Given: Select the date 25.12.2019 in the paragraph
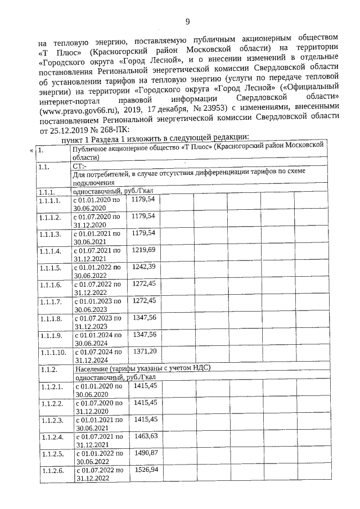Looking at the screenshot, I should (x=66, y=131).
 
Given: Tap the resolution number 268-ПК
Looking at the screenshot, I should (x=110, y=131).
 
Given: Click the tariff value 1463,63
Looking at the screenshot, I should (x=143, y=435).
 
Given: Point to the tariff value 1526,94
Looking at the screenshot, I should (x=143, y=469).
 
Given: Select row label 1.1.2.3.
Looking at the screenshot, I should (x=51, y=420).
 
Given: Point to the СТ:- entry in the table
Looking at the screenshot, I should (x=80, y=166).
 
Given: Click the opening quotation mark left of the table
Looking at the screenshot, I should (x=31, y=151).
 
